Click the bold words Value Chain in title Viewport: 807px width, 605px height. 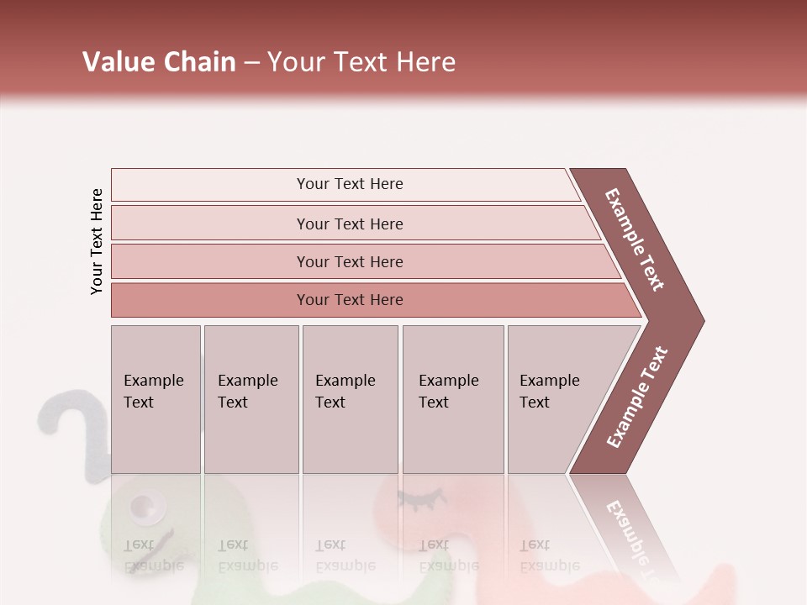point(159,62)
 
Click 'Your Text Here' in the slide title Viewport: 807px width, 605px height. point(361,62)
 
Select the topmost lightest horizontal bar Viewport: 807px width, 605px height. point(345,184)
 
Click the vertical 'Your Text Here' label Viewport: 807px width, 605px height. point(97,241)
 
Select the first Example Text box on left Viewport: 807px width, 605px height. point(156,399)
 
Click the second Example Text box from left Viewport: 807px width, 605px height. point(251,399)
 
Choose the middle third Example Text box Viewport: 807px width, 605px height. point(350,399)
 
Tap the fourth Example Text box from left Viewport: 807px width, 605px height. point(452,399)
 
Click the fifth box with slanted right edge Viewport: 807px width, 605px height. point(555,399)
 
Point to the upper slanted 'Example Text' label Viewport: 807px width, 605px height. point(636,239)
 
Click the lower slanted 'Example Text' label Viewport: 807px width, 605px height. point(637,397)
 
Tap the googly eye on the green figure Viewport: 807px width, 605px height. point(145,506)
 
